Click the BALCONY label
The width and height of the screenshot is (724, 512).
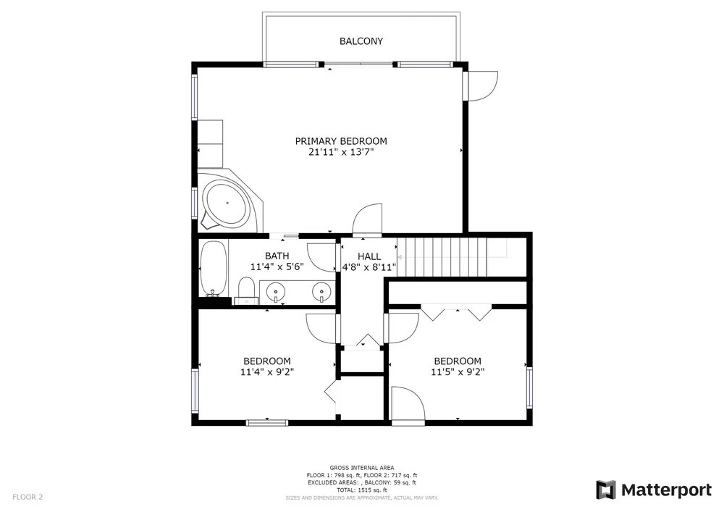(361, 41)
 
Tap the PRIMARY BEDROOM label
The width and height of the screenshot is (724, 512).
(341, 140)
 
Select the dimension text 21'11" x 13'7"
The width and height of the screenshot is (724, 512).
(341, 152)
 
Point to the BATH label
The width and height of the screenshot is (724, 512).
(277, 256)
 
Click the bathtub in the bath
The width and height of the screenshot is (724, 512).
(214, 268)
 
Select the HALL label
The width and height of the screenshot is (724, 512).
(369, 256)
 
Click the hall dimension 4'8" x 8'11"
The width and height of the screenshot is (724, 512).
(369, 267)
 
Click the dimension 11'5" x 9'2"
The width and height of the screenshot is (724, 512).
(458, 372)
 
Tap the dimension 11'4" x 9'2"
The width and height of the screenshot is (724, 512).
(267, 372)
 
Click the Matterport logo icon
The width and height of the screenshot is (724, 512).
(606, 490)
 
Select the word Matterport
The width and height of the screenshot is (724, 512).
(666, 490)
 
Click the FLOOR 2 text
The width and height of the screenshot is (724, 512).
(28, 498)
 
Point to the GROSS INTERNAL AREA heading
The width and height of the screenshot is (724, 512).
(362, 468)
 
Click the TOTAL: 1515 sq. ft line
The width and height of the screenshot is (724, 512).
(362, 490)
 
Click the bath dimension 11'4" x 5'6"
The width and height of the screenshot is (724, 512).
(277, 267)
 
